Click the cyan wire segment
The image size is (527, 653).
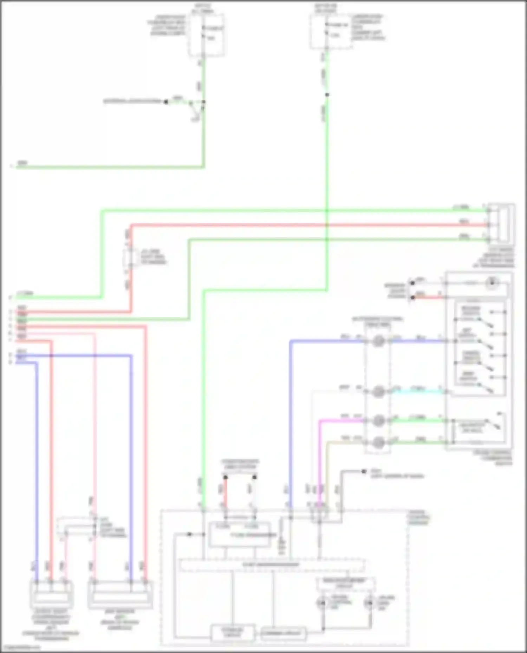pos(416,392)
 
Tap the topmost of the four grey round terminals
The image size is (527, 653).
pos(378,341)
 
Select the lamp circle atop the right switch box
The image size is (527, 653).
pos(492,283)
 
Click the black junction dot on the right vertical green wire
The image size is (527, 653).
pos(327,95)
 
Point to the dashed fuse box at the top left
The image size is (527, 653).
pos(206,35)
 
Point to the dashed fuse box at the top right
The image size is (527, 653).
pos(330,32)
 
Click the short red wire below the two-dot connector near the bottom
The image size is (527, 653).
pos(225,491)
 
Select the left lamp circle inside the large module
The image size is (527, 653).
pos(322,603)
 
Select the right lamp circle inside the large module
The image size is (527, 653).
pos(369,603)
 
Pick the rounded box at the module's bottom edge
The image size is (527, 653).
pos(283,633)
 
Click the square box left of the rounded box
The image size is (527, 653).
pos(233,633)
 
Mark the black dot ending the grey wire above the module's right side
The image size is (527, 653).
pos(364,471)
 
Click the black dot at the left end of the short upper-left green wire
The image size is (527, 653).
pos(166,102)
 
